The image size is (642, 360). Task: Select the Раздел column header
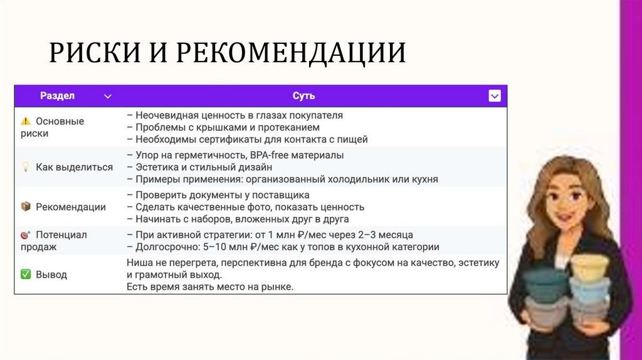coord(58,96)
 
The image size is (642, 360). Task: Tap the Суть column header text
coord(303,96)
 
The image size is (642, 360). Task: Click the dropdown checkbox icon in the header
coord(495,96)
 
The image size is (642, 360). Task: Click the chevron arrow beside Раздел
coord(108,97)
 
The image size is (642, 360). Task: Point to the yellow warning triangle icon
coord(26,121)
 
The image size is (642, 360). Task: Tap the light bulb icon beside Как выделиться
coord(26,167)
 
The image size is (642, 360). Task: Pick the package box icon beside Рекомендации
coord(26,206)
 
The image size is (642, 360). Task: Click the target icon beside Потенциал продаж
coord(26,235)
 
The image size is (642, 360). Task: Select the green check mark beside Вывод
coord(26,275)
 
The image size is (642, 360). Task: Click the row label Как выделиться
coord(74,167)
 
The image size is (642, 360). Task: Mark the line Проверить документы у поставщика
coord(218,195)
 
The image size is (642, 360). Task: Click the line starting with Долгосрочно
coord(283,247)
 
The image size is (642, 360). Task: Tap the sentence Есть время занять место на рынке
coord(210,287)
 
